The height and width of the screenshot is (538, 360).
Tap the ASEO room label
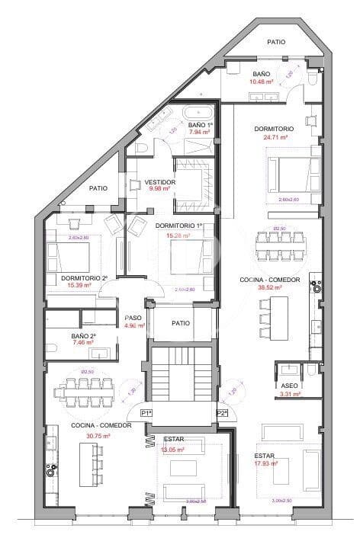coord(289,386)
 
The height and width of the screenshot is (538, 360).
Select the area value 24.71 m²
coord(275,138)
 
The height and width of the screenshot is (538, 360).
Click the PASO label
coord(133,319)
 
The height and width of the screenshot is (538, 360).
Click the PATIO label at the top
coord(276,42)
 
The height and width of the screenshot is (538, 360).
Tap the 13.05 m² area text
coord(173,450)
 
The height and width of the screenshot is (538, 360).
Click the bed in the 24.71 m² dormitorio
coord(292,175)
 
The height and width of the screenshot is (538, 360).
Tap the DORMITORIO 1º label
coord(178,226)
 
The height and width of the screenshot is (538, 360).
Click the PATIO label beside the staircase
coord(181,323)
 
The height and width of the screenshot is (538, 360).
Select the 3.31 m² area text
coord(289,395)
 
